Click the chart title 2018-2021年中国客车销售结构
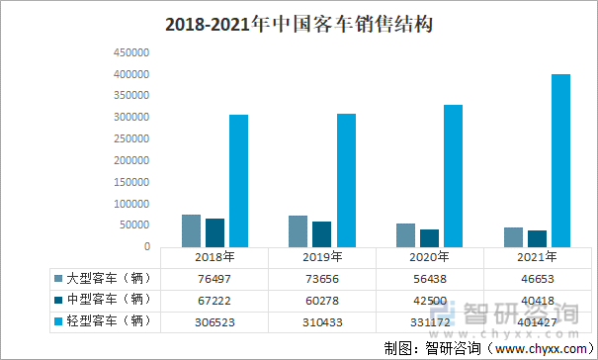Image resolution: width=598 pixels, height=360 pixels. coord(299,24)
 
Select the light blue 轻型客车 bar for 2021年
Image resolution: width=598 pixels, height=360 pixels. coord(560,161)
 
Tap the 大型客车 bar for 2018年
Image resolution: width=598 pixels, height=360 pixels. coord(191,231)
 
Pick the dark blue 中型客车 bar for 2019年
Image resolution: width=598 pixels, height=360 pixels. coord(321,234)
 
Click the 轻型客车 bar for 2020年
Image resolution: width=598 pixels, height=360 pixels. coord(453,176)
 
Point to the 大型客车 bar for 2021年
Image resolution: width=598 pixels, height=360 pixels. coord(513,237)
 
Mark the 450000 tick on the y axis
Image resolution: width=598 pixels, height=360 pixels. coord(131,52)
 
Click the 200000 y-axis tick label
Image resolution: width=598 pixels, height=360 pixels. coord(131,160)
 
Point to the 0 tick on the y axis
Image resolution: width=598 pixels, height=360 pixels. coord(147,246)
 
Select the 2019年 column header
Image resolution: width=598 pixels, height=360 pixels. coord(322,257)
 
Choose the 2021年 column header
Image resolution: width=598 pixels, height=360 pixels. coord(537,257)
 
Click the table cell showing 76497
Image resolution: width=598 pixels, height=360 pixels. coord(214,279)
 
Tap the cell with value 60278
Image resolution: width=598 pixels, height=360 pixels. coord(322,301)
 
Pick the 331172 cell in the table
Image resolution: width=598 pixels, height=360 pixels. coord(430,322)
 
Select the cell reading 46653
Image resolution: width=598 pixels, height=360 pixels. coord(538,279)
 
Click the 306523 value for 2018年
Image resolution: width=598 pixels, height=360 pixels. coord(214,322)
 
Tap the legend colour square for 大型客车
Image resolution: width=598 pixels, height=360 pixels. coord(58,278)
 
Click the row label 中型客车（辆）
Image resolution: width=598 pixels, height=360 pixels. coord(109,300)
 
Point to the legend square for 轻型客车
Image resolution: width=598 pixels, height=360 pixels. coord(58,321)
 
